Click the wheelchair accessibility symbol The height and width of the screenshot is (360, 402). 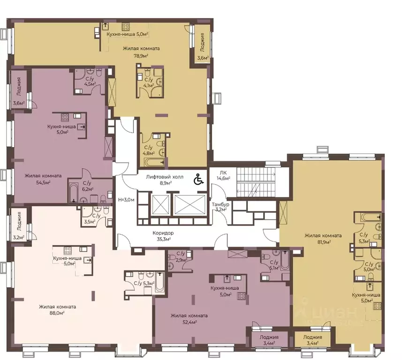[x=199, y=179]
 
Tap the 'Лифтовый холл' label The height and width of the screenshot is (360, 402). [x=165, y=177]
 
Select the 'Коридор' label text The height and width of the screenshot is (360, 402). [x=163, y=233]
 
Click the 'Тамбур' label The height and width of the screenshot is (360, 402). [x=220, y=204]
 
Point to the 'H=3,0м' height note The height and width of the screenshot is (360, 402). [x=126, y=200]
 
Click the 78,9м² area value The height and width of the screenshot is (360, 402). [x=141, y=56]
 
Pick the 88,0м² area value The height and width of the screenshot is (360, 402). [x=57, y=313]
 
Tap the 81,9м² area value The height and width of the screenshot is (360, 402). [x=323, y=242]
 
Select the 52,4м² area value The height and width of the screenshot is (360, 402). [x=189, y=322]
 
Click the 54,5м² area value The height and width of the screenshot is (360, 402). [x=43, y=182]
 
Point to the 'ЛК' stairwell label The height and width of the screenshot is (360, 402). [x=220, y=172]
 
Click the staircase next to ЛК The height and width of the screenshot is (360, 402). [x=256, y=182]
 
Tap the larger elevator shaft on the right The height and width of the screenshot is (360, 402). [x=190, y=204]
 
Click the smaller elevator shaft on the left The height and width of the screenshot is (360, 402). [x=160, y=204]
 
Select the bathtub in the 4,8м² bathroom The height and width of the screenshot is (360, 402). [x=154, y=162]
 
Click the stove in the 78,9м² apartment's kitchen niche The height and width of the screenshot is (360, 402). [x=125, y=27]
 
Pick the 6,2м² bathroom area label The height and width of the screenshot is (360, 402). [x=87, y=189]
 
